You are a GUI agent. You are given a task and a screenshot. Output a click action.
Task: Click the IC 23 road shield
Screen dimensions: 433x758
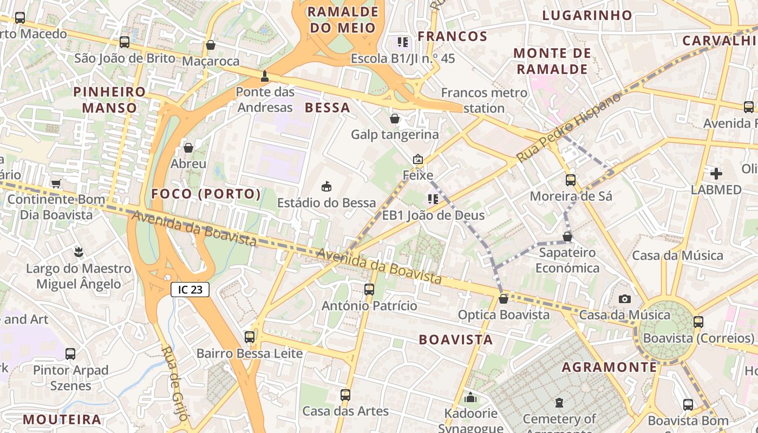click(190, 290)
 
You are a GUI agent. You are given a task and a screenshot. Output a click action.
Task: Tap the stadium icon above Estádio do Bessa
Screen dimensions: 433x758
click(326, 187)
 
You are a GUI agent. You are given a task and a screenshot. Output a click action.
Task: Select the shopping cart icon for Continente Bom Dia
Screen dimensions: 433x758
click(56, 183)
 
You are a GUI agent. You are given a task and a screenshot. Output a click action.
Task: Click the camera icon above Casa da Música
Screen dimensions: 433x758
click(624, 299)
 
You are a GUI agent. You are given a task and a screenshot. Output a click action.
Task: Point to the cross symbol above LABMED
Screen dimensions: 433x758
click(716, 174)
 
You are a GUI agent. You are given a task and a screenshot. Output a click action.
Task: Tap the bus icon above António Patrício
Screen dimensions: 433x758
click(369, 290)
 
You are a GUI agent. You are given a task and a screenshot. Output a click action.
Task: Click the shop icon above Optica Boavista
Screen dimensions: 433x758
click(504, 299)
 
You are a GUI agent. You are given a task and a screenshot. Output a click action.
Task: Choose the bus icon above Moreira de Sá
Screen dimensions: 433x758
click(571, 180)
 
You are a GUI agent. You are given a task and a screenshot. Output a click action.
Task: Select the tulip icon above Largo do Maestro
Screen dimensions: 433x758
click(79, 252)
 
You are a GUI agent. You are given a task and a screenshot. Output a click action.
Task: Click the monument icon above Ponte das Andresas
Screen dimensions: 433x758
click(265, 76)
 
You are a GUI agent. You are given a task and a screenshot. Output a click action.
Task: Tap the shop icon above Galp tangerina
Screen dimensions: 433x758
click(395, 119)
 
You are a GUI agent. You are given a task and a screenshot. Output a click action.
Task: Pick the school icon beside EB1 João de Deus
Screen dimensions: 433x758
click(433, 199)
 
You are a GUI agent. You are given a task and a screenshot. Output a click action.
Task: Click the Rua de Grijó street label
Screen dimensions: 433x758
click(174, 383)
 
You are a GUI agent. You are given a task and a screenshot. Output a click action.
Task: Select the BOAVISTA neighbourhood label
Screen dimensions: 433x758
click(456, 340)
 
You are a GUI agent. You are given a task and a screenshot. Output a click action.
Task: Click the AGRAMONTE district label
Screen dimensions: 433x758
click(609, 368)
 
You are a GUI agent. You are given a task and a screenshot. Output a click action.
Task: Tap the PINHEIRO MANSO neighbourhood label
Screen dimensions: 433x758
click(109, 100)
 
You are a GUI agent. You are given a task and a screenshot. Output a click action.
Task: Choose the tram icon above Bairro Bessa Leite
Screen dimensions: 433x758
click(249, 337)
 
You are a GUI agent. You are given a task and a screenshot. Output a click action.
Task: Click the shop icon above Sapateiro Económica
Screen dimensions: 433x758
click(567, 237)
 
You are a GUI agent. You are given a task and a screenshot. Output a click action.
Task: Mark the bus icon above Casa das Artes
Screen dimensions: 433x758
click(345, 395)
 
